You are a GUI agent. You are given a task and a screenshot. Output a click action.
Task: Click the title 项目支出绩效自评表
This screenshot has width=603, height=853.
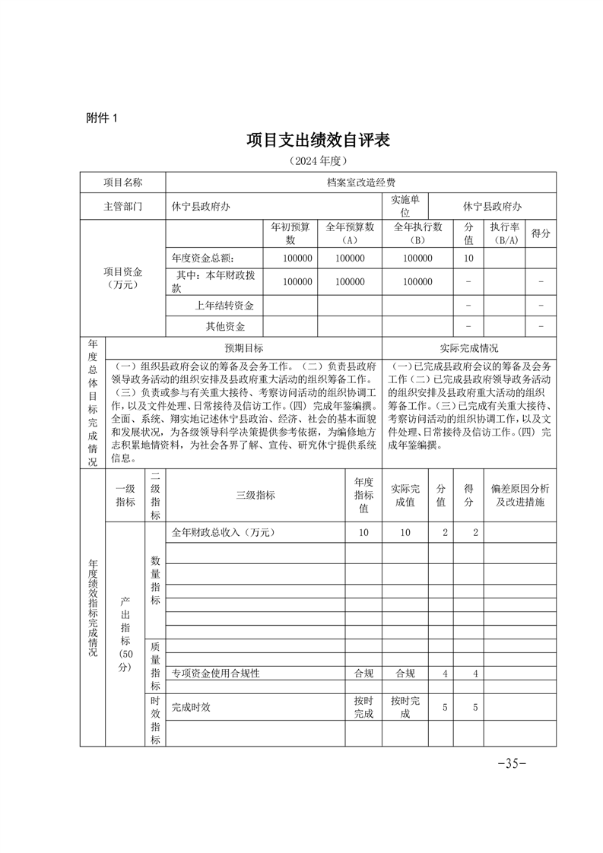click(318, 141)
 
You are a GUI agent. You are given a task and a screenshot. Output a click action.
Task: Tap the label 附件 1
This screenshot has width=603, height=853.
click(103, 118)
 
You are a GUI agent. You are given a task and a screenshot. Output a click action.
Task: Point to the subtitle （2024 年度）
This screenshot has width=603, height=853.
click(318, 161)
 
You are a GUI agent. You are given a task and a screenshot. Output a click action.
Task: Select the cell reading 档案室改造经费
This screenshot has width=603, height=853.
click(360, 183)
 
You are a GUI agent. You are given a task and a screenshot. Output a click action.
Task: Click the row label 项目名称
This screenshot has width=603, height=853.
click(122, 183)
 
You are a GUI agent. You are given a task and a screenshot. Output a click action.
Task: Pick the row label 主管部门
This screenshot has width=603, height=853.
click(122, 206)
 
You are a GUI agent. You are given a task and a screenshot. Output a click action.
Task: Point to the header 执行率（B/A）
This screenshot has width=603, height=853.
click(503, 233)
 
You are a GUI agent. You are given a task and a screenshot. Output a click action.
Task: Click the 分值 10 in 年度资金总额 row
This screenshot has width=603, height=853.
click(468, 258)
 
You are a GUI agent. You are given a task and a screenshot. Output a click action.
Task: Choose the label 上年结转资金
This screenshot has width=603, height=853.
click(224, 306)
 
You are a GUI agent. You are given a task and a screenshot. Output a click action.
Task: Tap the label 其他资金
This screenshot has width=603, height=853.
click(225, 327)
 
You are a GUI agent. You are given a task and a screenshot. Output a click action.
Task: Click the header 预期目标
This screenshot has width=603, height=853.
click(243, 348)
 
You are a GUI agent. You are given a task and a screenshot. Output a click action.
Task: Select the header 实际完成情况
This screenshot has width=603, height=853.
click(469, 348)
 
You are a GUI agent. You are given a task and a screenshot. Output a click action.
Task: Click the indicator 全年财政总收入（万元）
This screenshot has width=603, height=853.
click(222, 533)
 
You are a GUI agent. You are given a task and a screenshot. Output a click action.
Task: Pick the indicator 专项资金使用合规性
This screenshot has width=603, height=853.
click(216, 673)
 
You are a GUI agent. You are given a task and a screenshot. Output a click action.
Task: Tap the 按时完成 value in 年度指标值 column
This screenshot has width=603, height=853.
click(363, 707)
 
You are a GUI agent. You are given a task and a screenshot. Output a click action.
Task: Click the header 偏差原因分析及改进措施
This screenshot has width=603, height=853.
click(519, 496)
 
